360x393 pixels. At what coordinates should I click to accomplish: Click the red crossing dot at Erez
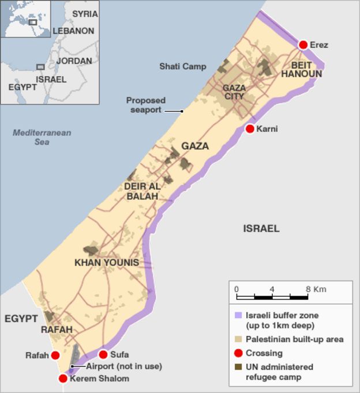coord(303,44)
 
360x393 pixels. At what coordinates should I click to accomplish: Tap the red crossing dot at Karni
coord(250,129)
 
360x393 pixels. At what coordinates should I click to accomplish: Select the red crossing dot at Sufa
coord(103,354)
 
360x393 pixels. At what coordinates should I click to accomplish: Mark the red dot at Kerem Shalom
coord(63,379)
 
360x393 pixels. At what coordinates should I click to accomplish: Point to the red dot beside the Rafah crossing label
coord(55,356)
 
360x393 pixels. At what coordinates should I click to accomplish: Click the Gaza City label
coord(234,92)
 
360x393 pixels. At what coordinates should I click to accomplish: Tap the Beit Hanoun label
coord(301,69)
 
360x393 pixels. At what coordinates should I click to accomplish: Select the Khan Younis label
coord(107,263)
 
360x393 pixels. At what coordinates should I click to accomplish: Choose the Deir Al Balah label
coord(141,191)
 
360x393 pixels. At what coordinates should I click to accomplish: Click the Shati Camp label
coord(182,67)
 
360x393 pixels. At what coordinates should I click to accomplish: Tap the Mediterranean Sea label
coord(42,137)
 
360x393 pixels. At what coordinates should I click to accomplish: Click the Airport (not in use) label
coord(124,366)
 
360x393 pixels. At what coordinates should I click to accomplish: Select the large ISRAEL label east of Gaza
coord(261,229)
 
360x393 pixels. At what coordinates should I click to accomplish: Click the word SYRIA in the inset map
coord(85,14)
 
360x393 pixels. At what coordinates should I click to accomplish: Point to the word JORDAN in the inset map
coord(74,61)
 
